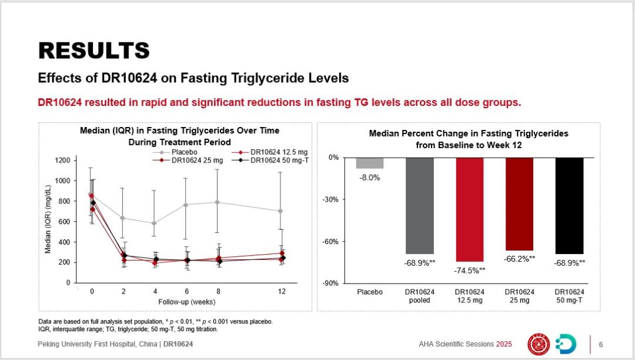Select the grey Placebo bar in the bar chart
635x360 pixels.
coord(370,163)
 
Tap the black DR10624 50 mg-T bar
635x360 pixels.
coord(569,205)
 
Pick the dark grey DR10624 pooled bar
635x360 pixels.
coord(420,205)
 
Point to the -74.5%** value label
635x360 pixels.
coord(470,271)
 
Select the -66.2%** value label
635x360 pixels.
coord(520,259)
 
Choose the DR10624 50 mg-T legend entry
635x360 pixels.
coord(279,160)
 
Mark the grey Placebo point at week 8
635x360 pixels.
coord(217,202)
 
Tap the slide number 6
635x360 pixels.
coord(600,344)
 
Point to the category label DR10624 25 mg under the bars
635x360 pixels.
coord(520,296)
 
